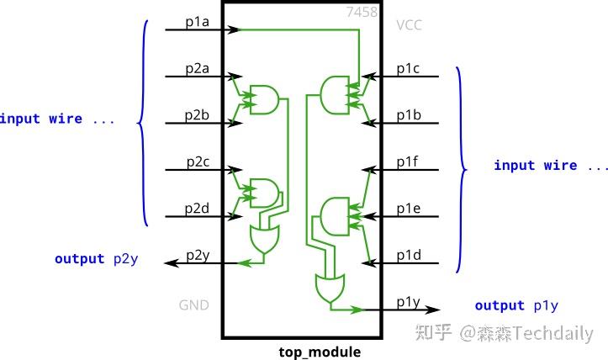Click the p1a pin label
pos(199,20)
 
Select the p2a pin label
pos(199,67)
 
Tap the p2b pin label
pos(199,114)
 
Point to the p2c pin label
pos(199,161)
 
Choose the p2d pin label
pos(199,208)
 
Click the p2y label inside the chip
pos(199,255)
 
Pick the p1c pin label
pos(410,67)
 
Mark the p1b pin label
pos(410,114)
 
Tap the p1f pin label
pos(410,161)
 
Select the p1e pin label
pos(410,208)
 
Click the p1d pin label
pos(410,255)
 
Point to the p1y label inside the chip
pos(410,301)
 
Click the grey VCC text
pos(410,25)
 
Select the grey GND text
pos(193,305)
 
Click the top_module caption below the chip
pos(320,352)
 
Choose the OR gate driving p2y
pos(263,239)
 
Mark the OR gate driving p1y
pos(328,288)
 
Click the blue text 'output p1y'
pos(516,305)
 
